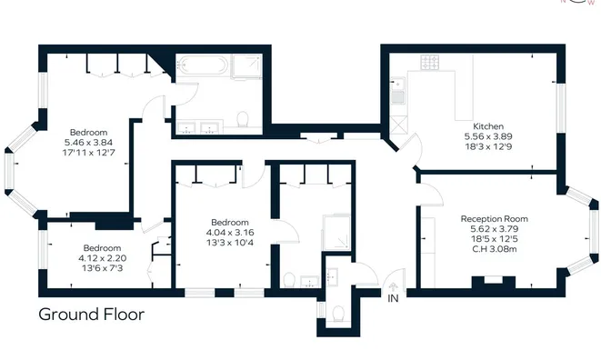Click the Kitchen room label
coord(488,126)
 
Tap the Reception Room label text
coord(494,219)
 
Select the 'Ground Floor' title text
coord(92,315)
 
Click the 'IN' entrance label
coord(394,298)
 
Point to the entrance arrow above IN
coord(394,286)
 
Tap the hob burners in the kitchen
coord(430,63)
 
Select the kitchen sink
coord(397,91)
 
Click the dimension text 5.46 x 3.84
coord(88,143)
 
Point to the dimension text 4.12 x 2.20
coord(103,258)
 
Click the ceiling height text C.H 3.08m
coord(495,249)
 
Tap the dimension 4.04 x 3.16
coord(230,233)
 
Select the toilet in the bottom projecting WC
coord(338,314)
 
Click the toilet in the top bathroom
coord(243,119)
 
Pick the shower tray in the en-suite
coord(336,233)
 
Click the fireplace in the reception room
coord(494,282)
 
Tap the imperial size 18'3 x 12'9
coord(488,146)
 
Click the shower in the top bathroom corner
coord(246,66)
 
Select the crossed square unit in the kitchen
coord(398,125)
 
